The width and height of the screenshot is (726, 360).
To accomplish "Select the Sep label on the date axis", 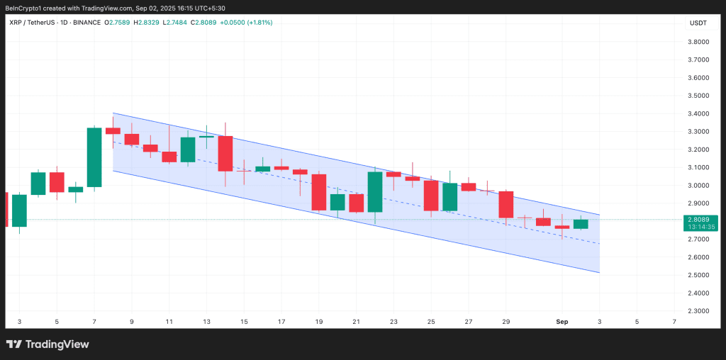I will [562, 322].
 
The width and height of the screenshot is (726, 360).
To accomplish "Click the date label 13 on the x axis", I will [206, 322].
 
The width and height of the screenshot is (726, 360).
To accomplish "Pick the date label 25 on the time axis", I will [431, 322].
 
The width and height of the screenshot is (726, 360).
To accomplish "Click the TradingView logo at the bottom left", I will [48, 344].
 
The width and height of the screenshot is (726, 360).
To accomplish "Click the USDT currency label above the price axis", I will [698, 23].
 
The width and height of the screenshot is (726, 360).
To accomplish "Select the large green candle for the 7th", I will [94, 157].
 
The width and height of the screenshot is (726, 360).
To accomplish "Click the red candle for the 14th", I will [225, 153].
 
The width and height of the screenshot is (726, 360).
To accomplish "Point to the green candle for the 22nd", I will [375, 191].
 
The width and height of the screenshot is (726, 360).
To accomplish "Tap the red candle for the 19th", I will [319, 192].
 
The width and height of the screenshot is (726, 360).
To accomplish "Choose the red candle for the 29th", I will [506, 204].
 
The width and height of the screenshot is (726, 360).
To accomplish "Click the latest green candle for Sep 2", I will [581, 224].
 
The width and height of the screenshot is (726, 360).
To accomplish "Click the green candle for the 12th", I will [188, 150].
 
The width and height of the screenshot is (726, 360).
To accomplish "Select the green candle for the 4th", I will [38, 184].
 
